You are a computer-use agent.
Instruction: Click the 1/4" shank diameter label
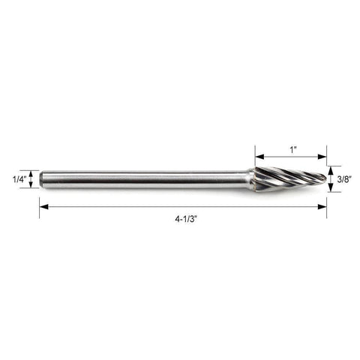[19, 179]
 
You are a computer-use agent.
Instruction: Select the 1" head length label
[293, 150]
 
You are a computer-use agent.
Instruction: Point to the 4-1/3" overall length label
[186, 219]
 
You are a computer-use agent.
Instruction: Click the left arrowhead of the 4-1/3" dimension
[43, 207]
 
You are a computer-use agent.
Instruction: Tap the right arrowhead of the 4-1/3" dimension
[322, 207]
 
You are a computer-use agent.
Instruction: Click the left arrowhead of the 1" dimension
[259, 157]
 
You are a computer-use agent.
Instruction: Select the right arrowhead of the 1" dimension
[322, 157]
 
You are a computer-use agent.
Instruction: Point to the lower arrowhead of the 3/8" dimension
[331, 187]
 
